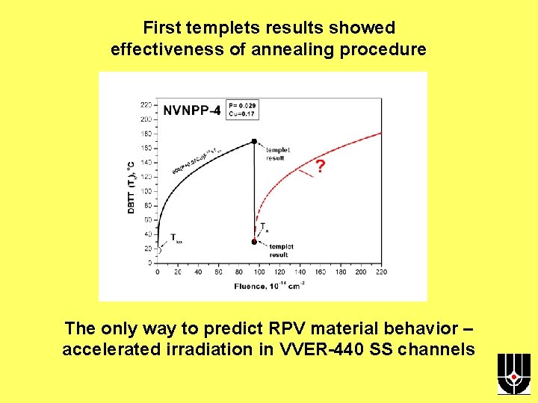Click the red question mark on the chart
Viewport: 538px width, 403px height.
click(320, 166)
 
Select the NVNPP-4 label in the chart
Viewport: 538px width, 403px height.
click(192, 110)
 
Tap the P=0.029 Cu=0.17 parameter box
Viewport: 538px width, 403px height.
click(242, 110)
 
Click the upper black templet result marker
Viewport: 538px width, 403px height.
click(254, 141)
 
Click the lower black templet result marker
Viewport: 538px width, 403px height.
click(254, 242)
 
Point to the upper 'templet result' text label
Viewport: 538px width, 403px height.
click(277, 154)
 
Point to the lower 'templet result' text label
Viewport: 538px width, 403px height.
click(280, 250)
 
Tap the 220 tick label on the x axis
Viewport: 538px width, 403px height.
click(380, 272)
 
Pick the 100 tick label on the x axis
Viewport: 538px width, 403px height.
click(259, 272)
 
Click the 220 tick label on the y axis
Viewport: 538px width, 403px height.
click(146, 104)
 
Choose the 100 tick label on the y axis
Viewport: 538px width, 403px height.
click(146, 191)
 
